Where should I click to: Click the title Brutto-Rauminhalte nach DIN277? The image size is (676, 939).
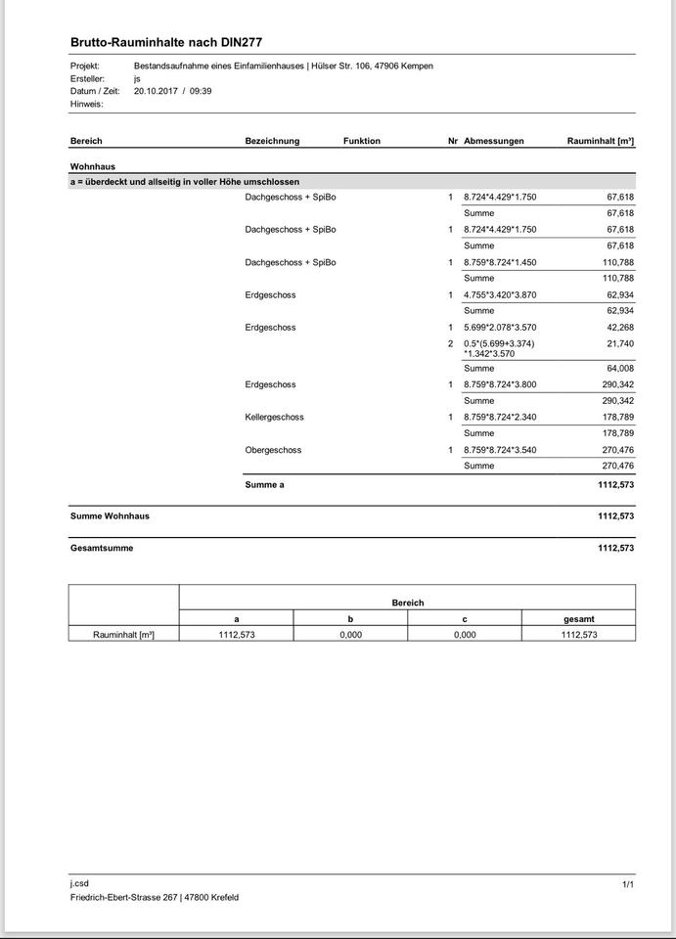(x=166, y=43)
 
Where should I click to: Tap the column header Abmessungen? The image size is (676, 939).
(x=494, y=141)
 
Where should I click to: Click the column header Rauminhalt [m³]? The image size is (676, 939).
(x=600, y=141)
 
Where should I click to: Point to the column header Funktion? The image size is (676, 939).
(x=362, y=141)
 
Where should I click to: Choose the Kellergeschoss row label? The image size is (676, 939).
(x=275, y=417)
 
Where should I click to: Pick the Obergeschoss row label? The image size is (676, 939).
(x=273, y=450)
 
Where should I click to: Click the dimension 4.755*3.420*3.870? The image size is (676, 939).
(x=500, y=294)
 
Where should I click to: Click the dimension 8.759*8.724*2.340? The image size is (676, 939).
(x=500, y=417)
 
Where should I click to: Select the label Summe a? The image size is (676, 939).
(x=264, y=484)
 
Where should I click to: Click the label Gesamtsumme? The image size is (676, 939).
(x=102, y=548)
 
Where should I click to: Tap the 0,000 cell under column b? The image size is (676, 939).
(x=350, y=635)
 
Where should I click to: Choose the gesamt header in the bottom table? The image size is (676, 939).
(x=578, y=619)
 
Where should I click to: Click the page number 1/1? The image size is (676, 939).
(x=628, y=884)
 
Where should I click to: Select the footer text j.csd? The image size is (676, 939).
(x=80, y=883)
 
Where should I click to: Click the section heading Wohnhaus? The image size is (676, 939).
(x=93, y=166)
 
